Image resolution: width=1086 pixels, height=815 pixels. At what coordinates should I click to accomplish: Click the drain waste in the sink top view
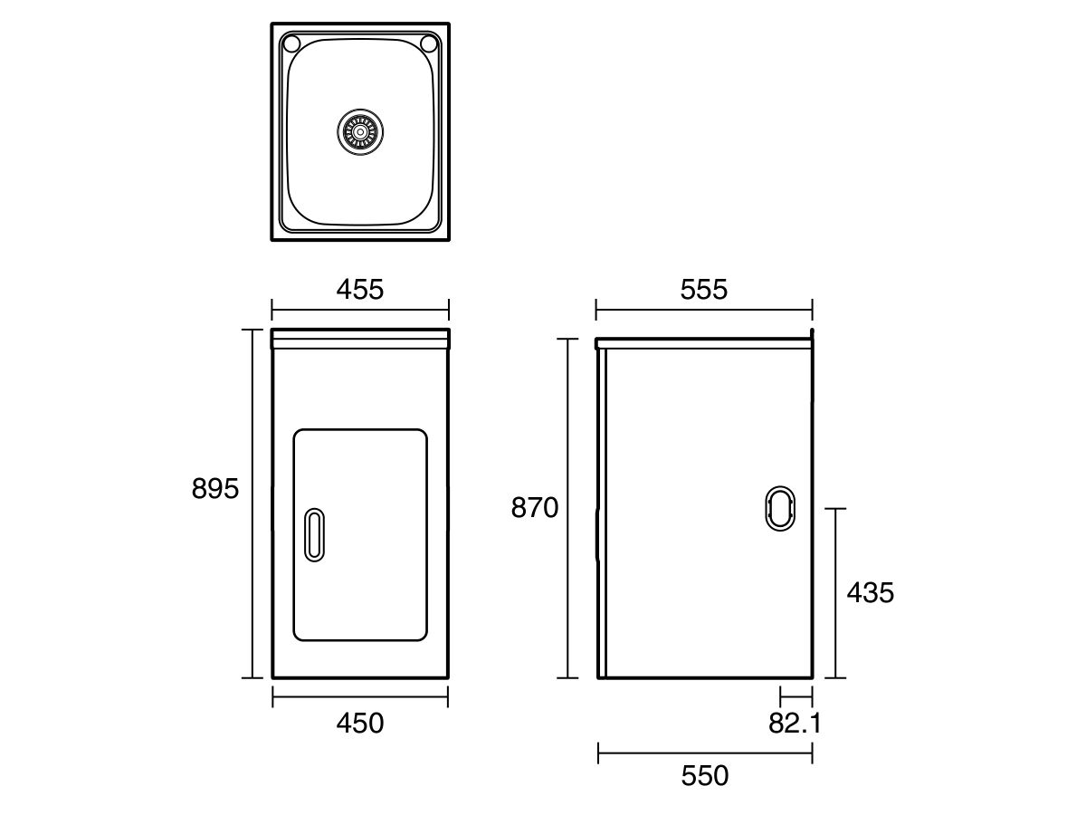[x=359, y=132]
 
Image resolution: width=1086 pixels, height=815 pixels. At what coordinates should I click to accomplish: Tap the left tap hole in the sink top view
[x=291, y=44]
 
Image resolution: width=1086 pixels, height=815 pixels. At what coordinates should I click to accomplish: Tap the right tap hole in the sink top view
[x=430, y=44]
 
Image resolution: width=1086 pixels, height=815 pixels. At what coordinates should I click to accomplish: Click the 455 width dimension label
[x=360, y=289]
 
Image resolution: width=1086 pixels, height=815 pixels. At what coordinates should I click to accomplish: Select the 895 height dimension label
[x=215, y=489]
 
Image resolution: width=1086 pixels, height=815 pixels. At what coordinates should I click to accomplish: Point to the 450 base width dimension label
[x=360, y=724]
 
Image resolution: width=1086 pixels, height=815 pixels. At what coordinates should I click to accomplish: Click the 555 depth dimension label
[x=703, y=289]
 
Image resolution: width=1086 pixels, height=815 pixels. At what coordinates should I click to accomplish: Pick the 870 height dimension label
[x=535, y=508]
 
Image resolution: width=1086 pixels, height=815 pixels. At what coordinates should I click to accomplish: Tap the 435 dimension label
[x=870, y=593]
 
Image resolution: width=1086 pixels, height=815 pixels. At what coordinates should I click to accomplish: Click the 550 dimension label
[x=704, y=776]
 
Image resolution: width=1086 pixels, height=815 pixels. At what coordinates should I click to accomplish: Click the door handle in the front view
[x=314, y=534]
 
